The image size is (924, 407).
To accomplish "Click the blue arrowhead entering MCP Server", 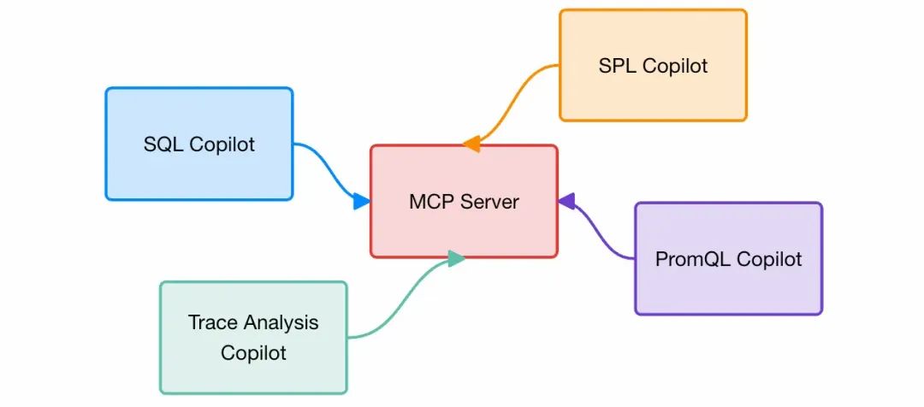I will tap(362, 202).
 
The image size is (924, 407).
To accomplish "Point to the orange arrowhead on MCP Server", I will tap(471, 145).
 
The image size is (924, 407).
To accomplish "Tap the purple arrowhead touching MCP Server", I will tap(567, 201).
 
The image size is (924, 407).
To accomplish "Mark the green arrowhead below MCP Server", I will tap(456, 258).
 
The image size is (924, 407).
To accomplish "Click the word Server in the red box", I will tap(490, 202).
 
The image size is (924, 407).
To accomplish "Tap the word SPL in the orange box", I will tap(617, 66).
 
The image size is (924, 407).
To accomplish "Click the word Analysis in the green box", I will tap(281, 323).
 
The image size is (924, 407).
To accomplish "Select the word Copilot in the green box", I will tap(253, 352).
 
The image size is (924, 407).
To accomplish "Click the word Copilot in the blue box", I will tap(222, 145).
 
